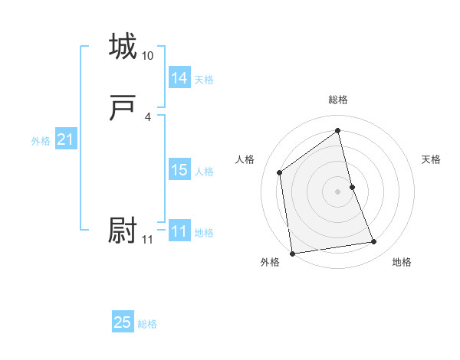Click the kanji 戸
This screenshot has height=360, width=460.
point(123,110)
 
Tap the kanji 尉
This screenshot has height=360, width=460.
point(123,230)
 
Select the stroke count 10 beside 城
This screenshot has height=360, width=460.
point(147,56)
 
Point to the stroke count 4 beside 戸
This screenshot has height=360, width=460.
point(147,117)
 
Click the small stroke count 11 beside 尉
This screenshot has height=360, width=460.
point(147,240)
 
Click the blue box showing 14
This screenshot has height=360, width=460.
point(179,77)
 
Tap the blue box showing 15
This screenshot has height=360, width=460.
point(179,170)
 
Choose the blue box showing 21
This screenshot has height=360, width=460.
point(65,140)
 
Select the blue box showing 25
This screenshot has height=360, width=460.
point(123,322)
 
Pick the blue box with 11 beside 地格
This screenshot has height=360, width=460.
point(179,231)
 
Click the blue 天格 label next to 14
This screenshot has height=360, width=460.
point(204,79)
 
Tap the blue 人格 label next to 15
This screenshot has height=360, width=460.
point(204,172)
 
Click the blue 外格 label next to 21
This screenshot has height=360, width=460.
point(41,141)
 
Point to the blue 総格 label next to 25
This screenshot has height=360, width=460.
point(147,324)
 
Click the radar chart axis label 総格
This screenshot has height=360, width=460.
point(338,100)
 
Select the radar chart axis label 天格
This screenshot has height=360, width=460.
point(431,159)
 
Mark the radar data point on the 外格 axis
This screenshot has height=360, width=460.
point(292,253)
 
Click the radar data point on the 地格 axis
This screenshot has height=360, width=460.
point(374,242)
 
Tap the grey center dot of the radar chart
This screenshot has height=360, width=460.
point(338,191)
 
